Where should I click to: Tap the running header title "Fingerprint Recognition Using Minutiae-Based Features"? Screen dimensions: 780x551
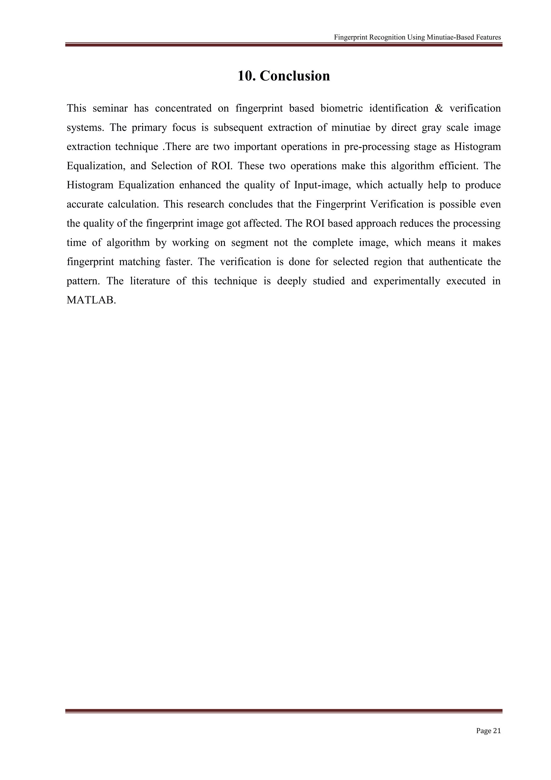(417, 37)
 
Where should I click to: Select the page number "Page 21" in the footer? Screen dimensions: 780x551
(488, 730)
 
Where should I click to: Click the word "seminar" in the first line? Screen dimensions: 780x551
(110, 108)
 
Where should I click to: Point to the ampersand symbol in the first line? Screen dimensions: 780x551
(439, 108)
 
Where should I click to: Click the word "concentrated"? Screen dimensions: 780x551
(183, 108)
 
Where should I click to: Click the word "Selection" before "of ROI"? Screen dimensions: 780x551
(171, 166)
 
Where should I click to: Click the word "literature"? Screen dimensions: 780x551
(150, 281)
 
